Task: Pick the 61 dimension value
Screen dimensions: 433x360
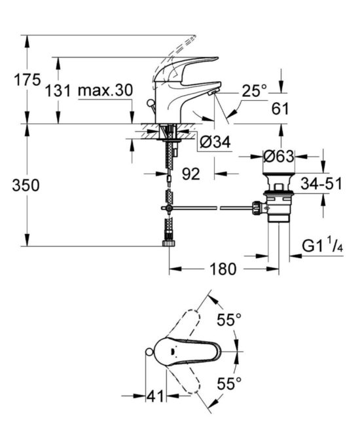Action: click(x=279, y=109)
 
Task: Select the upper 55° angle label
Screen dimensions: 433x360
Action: click(x=229, y=321)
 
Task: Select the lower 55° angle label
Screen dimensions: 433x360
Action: click(x=229, y=382)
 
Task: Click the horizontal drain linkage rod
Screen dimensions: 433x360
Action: click(x=209, y=208)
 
